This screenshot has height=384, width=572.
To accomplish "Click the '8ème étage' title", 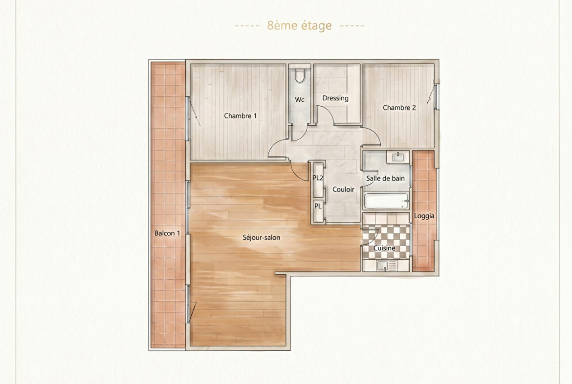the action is click(299, 26).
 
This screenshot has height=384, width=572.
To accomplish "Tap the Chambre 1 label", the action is click(240, 116).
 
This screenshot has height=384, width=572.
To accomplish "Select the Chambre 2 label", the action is click(399, 108).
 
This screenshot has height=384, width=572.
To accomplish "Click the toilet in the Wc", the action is click(300, 75).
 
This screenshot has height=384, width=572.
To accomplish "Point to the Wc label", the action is click(300, 100).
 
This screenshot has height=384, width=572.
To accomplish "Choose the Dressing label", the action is click(335, 98).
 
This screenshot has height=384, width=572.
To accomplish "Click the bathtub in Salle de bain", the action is click(386, 201).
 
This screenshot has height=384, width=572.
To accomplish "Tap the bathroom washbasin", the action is click(397, 158).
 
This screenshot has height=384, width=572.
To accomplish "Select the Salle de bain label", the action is click(385, 179).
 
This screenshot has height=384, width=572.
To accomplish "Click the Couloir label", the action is click(343, 189).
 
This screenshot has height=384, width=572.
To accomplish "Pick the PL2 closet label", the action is click(318, 178).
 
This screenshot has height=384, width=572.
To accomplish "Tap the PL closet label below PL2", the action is click(318, 206).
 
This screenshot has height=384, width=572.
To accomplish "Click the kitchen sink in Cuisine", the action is click(382, 266).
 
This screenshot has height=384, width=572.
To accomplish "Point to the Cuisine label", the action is click(384, 248).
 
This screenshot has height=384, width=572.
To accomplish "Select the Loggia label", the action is click(424, 216).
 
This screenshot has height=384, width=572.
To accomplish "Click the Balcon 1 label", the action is click(167, 233).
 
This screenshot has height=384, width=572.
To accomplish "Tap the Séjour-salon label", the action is click(262, 238).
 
